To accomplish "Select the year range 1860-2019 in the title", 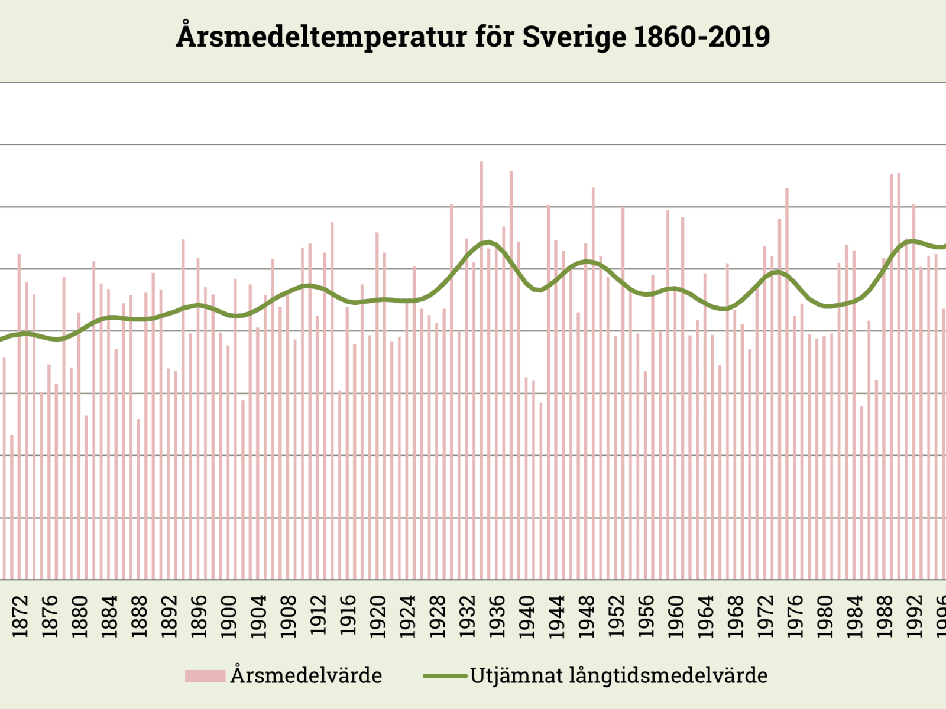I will (x=702, y=37).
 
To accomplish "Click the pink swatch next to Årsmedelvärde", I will (x=205, y=676).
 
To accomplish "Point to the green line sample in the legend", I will (x=445, y=676).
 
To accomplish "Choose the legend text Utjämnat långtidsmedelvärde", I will (x=618, y=675).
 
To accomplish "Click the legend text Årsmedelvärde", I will (x=306, y=675).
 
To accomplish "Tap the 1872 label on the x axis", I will (x=20, y=616).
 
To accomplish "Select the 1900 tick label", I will (x=229, y=616).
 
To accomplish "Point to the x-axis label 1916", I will (x=348, y=616).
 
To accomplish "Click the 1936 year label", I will (x=497, y=616).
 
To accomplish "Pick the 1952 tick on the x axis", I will (x=617, y=616).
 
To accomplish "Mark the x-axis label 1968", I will (x=736, y=616).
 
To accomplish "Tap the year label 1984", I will (x=856, y=616).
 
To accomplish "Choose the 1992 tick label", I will (x=915, y=616).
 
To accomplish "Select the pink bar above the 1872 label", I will (x=20, y=414).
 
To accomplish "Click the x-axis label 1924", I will (x=408, y=616).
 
